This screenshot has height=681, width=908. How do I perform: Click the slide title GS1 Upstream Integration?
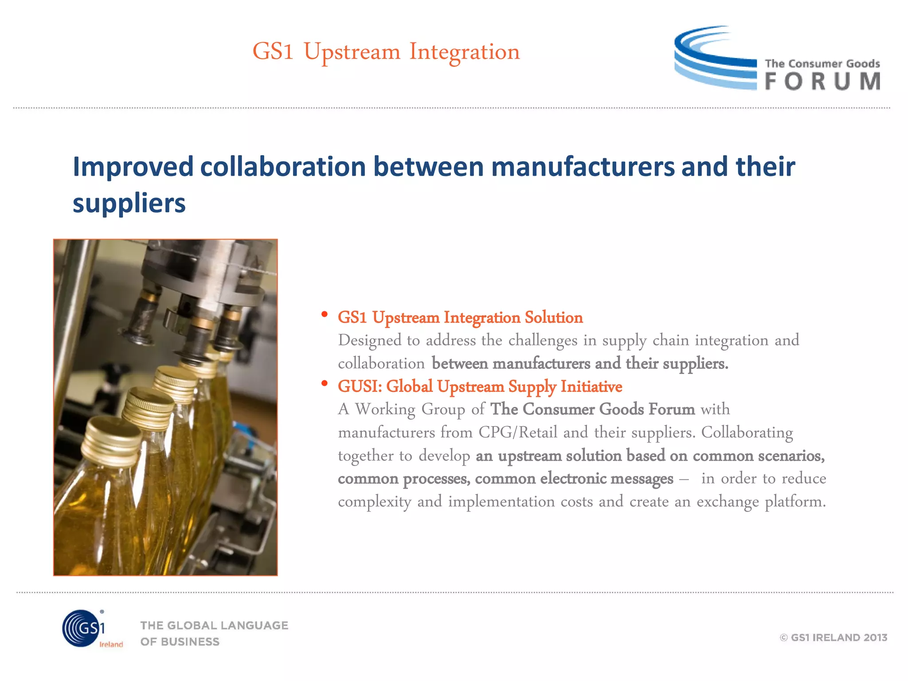386,52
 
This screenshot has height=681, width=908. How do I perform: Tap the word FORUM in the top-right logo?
822,82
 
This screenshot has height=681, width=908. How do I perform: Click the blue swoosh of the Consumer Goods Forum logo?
714,58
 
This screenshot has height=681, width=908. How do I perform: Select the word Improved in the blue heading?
133,167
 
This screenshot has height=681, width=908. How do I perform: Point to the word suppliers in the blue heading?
129,204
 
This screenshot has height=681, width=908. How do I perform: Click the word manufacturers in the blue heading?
583,167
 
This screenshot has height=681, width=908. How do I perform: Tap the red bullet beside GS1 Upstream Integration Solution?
325,314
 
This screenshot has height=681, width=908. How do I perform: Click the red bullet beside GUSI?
325,383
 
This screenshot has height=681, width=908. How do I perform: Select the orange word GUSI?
360,387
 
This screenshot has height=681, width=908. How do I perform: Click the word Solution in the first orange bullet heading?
554,317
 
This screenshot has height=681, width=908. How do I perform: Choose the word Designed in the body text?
369,340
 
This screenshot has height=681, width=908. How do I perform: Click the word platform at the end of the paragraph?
795,502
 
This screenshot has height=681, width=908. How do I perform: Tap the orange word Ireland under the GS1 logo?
111,644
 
